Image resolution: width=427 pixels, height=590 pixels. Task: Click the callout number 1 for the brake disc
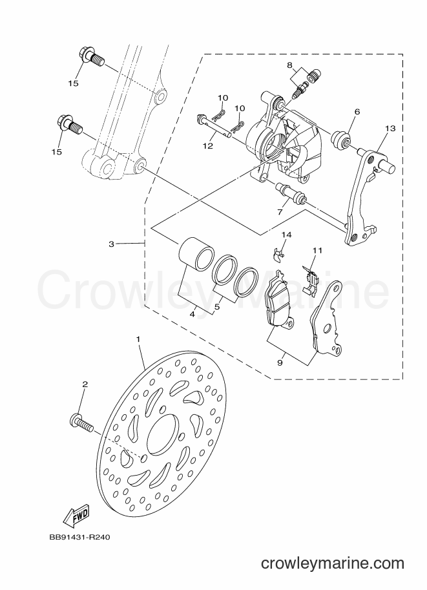pos(138,339)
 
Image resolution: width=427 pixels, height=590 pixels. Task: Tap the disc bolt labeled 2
pos(81,423)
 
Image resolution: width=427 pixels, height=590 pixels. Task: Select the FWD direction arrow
pos(76,514)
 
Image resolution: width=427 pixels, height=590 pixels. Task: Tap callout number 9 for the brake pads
pos(280,363)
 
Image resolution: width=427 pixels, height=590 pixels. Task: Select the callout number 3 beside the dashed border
pos(111,244)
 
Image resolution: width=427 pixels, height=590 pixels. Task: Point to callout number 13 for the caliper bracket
pos(390,129)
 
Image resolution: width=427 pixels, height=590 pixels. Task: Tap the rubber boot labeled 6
pos(341,140)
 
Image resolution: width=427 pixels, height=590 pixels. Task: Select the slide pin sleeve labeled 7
pos(291,192)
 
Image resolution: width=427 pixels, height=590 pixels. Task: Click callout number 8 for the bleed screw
pos(300,65)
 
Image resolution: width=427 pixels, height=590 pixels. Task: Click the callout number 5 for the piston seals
pos(216,306)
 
